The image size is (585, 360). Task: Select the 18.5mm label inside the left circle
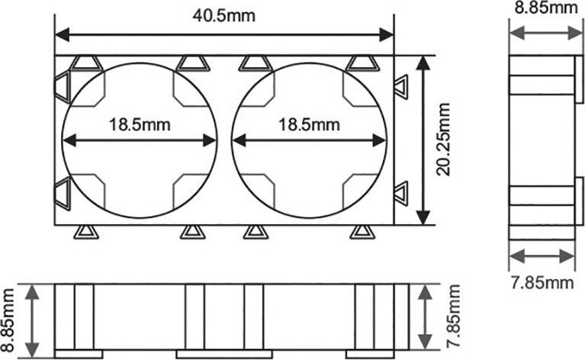(x=140, y=124)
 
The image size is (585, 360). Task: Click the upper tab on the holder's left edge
(x=62, y=82)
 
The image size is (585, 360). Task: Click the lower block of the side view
(x=542, y=204)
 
